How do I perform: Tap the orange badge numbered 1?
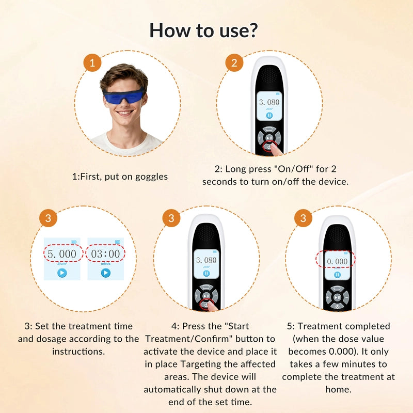(92, 62)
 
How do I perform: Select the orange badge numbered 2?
(234, 62)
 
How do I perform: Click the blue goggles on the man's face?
(124, 96)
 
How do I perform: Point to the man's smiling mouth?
(124, 113)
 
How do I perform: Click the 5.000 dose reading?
(62, 254)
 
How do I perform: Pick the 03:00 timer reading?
(105, 254)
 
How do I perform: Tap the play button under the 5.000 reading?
(62, 273)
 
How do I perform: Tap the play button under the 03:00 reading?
(106, 273)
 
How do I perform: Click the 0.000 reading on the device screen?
(337, 261)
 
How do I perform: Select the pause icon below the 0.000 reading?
(337, 275)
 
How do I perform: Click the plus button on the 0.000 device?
(328, 298)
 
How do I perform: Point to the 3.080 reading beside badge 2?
(269, 102)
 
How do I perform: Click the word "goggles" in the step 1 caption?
(151, 177)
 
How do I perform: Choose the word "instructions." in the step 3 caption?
(78, 352)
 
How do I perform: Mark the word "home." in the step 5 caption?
(339, 389)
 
